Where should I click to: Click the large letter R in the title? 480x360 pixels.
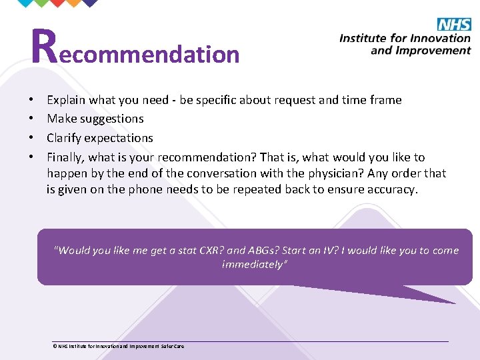44,47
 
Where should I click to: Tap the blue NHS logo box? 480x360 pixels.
454,25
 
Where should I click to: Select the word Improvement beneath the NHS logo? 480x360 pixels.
436,51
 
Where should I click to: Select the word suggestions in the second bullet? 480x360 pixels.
112,119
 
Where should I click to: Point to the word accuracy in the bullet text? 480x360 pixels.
393,189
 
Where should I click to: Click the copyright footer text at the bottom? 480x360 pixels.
119,346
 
